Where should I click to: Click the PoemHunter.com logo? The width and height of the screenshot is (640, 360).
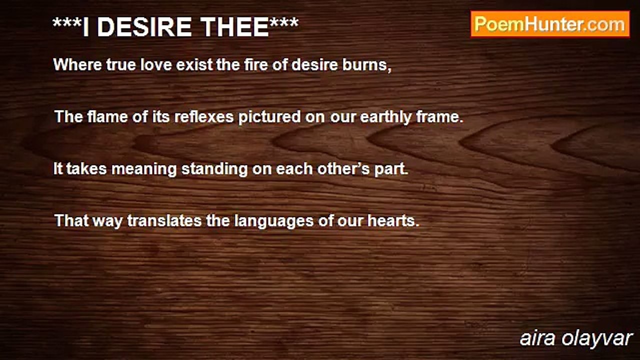pos(550,24)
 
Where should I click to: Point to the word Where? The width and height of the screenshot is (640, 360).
pos(77,64)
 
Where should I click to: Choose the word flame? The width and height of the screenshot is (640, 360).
pos(107,116)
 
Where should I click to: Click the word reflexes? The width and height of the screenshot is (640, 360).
pos(204,116)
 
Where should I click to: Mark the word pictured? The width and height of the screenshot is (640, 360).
pos(269,117)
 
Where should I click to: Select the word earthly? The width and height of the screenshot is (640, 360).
pos(385,117)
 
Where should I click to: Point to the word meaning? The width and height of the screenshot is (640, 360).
pos(144,169)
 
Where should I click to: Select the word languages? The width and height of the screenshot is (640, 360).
pos(273,221)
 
